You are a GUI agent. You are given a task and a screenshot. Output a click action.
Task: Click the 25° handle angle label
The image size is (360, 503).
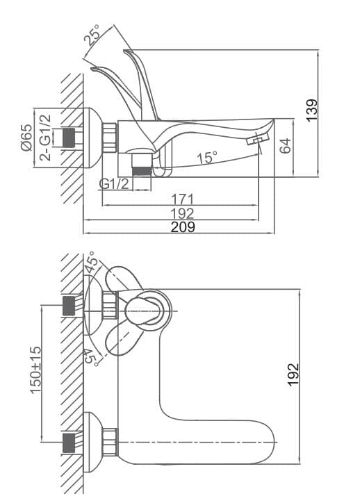[92, 34]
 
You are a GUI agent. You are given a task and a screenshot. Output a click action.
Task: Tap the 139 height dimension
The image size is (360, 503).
[311, 110]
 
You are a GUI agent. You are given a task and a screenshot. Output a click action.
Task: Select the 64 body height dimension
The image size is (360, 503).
[285, 146]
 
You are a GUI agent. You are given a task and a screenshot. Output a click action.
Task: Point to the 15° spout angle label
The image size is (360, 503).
[207, 158]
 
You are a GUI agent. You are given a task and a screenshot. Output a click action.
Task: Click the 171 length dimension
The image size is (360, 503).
[182, 199]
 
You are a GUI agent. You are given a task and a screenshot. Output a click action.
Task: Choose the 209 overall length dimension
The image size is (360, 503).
[182, 226]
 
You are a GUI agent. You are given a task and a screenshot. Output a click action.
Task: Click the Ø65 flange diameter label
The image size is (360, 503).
[26, 138]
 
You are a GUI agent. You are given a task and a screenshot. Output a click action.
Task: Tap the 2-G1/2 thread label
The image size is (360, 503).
[45, 138]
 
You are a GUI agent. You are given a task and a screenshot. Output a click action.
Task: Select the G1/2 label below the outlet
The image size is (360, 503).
[113, 184]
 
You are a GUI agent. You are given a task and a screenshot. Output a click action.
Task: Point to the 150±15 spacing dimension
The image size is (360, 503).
[35, 370]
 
